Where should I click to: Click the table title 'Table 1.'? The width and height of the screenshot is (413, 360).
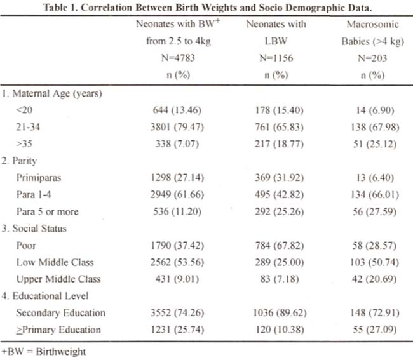[x=60, y=8]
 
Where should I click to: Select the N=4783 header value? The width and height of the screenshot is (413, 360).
[x=178, y=58]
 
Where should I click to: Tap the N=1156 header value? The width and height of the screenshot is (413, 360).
[x=276, y=58]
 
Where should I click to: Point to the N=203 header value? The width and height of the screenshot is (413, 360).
[x=372, y=58]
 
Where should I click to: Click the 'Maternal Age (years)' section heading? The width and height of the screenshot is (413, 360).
[x=52, y=94]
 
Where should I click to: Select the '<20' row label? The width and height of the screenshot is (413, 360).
[x=24, y=110]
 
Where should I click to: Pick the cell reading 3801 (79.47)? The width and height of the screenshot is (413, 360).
[x=177, y=127]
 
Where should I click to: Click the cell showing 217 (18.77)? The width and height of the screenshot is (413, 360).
[x=279, y=144]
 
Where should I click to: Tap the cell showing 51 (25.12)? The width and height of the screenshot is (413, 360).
[x=375, y=144]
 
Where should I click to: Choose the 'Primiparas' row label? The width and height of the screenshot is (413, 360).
[x=39, y=178]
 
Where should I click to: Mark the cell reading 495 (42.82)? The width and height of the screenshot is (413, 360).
[x=279, y=195]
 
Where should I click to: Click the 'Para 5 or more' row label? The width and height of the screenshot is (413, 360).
[x=48, y=211]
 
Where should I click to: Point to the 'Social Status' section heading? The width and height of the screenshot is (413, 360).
[x=34, y=229]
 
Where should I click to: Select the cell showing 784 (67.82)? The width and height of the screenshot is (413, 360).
[x=280, y=246]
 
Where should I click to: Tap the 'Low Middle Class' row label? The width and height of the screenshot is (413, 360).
[x=55, y=262]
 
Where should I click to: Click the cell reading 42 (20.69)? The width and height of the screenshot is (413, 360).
[x=374, y=279]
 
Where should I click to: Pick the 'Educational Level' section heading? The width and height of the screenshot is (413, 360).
[x=45, y=296]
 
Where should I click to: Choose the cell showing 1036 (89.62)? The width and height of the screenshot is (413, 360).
[x=280, y=313]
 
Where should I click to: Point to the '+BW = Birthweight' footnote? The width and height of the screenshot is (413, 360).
[x=44, y=352]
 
